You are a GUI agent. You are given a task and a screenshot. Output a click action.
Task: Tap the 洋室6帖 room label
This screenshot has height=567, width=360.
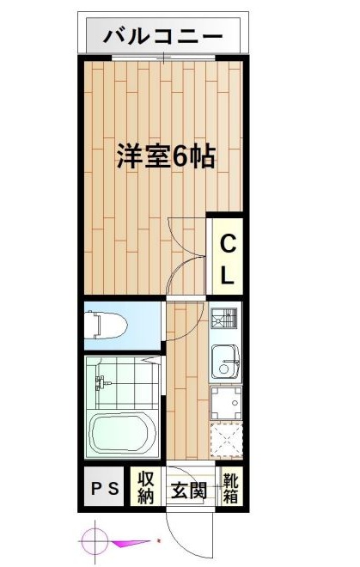click(166, 156)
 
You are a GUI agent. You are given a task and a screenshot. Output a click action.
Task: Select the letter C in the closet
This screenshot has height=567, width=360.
click(228, 243)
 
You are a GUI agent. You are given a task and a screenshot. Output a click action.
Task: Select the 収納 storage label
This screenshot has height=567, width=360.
click(144, 489)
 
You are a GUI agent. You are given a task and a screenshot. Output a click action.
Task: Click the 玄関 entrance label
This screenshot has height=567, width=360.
click(188, 491)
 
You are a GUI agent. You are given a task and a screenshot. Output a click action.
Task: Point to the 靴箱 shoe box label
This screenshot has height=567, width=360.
click(230, 488)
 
